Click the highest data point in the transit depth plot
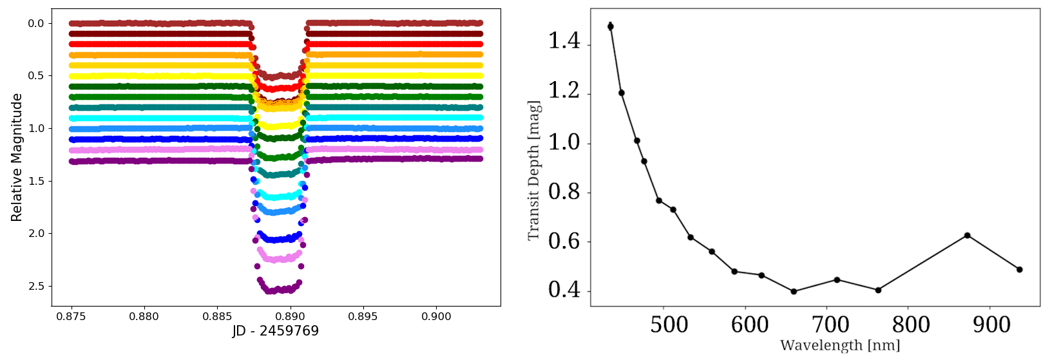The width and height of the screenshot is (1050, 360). tap(610, 26)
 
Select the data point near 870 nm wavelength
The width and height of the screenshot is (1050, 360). tap(967, 236)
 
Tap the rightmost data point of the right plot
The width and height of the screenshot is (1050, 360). tap(1019, 269)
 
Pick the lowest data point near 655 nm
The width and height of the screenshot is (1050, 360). tap(794, 292)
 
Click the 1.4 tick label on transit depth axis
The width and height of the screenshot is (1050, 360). tap(564, 42)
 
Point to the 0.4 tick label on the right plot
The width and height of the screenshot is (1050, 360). tap(564, 290)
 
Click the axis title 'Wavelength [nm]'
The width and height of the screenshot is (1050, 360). tap(839, 346)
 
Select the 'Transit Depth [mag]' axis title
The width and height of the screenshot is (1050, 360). tap(533, 170)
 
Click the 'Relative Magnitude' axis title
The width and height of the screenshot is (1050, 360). tap(17, 157)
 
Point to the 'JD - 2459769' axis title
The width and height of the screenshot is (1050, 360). tap(275, 331)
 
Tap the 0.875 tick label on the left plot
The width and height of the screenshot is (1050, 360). tap(72, 316)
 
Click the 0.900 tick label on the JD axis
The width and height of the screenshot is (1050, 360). tap(436, 316)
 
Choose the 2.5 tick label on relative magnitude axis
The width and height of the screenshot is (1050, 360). tap(35, 286)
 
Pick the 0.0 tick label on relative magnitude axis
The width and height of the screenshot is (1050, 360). tap(35, 23)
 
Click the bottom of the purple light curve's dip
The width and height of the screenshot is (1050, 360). tap(277, 290)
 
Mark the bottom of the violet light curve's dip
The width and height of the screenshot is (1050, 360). tap(277, 259)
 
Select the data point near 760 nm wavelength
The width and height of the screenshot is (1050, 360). tap(878, 290)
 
